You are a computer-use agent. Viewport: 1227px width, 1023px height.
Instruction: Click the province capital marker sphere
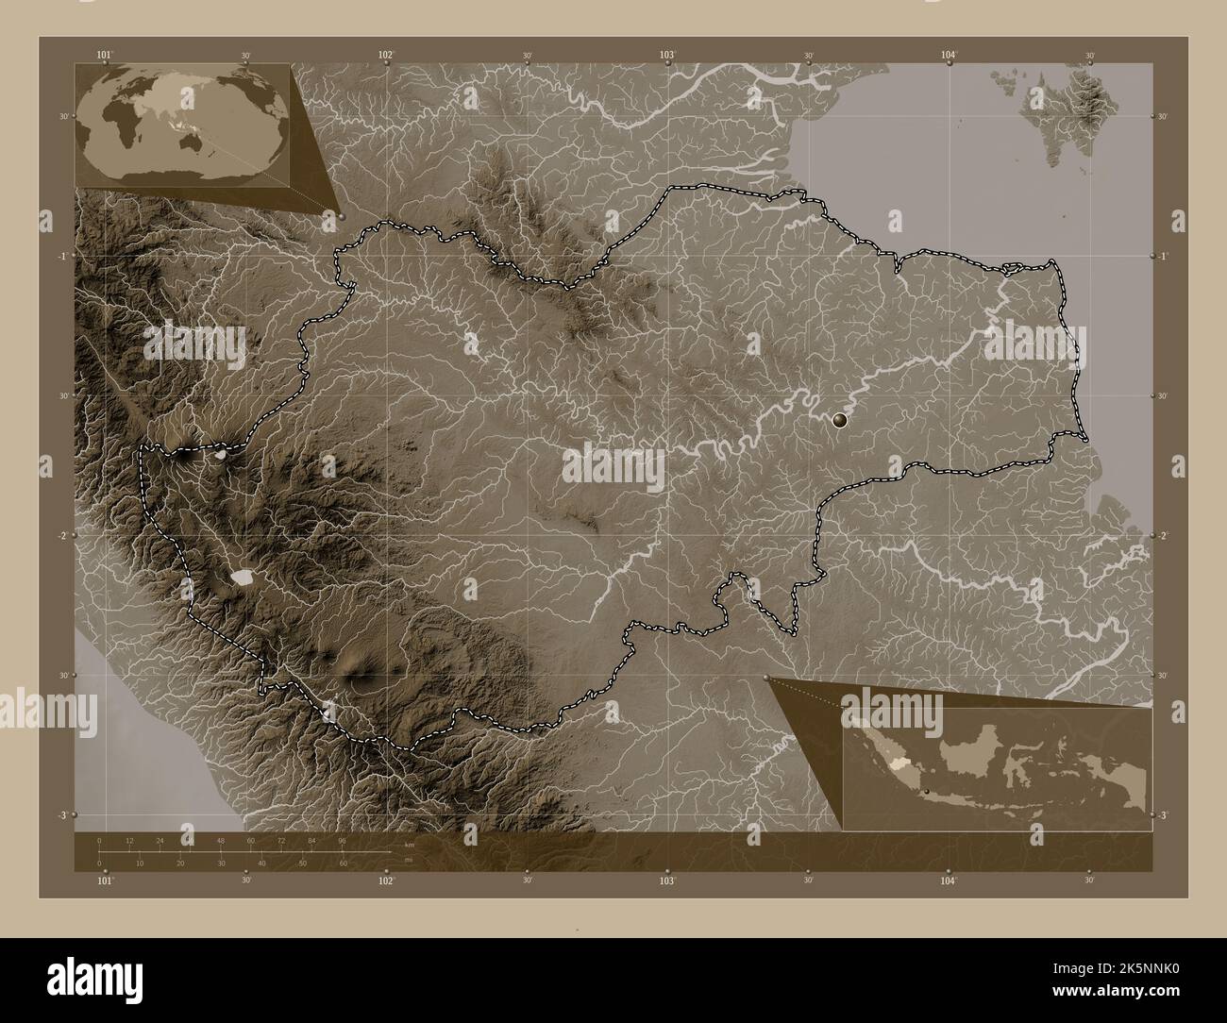[840, 421]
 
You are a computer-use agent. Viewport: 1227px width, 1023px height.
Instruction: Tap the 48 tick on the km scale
[220, 840]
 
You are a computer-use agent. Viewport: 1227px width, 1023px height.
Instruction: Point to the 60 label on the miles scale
[345, 863]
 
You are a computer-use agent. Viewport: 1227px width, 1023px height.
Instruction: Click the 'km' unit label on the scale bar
[409, 845]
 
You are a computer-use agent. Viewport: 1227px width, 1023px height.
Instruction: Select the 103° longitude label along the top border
[667, 55]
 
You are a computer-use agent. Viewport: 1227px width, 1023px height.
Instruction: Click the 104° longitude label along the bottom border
[949, 880]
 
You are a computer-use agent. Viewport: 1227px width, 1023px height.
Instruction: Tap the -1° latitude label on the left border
[60, 256]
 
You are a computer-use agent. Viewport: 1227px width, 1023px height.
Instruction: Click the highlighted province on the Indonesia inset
[888, 747]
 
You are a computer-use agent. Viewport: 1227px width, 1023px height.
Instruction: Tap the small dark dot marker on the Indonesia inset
[927, 790]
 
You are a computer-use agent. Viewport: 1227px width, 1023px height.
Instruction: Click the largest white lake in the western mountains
[244, 576]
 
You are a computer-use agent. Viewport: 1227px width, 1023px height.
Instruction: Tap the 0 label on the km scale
[99, 840]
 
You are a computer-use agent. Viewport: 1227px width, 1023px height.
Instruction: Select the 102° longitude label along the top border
[386, 55]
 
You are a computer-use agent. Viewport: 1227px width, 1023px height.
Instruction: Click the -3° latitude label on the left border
[60, 814]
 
